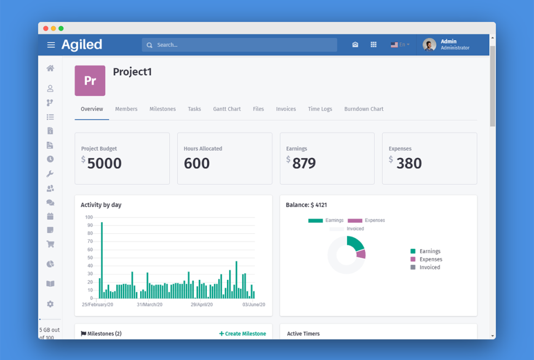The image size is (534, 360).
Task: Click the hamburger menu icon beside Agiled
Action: (x=51, y=45)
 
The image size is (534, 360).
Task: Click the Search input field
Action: (x=239, y=45)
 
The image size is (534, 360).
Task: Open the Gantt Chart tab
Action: (x=227, y=109)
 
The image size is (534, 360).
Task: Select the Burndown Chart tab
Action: (x=364, y=109)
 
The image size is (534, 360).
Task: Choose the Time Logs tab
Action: (x=320, y=109)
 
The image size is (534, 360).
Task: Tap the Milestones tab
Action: (x=162, y=109)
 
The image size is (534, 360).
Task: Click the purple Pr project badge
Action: (x=90, y=81)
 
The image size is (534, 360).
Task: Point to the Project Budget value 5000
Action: (x=104, y=163)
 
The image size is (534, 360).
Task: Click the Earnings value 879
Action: (x=304, y=163)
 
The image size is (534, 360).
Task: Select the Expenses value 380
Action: (x=409, y=163)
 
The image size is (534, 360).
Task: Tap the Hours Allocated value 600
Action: (x=197, y=163)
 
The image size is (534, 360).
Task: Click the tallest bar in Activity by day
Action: (x=102, y=260)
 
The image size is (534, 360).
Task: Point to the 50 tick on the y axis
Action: (x=89, y=258)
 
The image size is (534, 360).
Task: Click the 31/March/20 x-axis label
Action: (x=150, y=305)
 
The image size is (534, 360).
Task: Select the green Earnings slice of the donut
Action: (x=354, y=243)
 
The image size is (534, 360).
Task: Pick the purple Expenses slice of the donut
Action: (x=361, y=254)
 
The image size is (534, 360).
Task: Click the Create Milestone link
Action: (x=243, y=334)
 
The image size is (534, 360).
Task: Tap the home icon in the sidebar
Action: (x=50, y=68)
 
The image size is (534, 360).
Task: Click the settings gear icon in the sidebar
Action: (x=50, y=304)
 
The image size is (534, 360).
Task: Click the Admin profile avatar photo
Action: (x=429, y=45)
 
